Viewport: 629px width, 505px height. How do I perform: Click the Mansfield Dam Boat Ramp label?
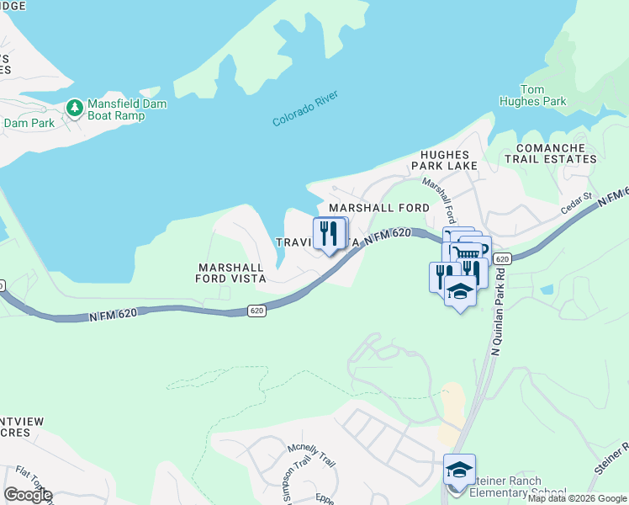point(127,109)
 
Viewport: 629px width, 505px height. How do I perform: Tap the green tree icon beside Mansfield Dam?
point(75,109)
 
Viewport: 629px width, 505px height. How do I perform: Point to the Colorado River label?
point(304,109)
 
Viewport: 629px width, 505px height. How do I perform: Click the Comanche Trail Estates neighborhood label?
point(550,152)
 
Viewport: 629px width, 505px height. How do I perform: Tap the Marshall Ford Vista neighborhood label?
point(231,272)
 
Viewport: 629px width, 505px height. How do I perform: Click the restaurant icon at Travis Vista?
point(330,233)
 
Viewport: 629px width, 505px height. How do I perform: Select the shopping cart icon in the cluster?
point(466,252)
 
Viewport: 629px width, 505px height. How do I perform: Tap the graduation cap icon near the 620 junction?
point(459,292)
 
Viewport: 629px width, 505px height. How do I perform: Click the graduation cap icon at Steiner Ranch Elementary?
point(459,470)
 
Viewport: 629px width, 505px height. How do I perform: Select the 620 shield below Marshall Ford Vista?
point(257,311)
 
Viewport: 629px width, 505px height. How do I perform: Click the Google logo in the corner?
point(28,495)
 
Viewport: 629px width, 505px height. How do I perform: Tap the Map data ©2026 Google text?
point(577,498)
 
